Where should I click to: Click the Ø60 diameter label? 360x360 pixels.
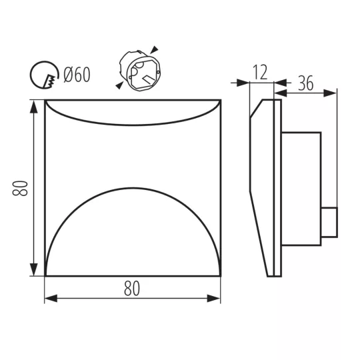click(77, 75)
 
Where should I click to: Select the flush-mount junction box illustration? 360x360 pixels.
click(140, 71)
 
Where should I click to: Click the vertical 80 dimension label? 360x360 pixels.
click(20, 188)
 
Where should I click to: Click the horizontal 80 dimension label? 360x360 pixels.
click(132, 289)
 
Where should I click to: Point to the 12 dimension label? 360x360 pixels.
click(260, 72)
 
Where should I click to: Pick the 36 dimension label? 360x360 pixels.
click(305, 83)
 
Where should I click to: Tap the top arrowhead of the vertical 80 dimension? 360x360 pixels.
click(34, 106)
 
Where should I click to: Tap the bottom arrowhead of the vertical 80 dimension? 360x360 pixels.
click(34, 269)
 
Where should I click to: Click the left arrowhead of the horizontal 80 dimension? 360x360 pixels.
click(51, 299)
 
